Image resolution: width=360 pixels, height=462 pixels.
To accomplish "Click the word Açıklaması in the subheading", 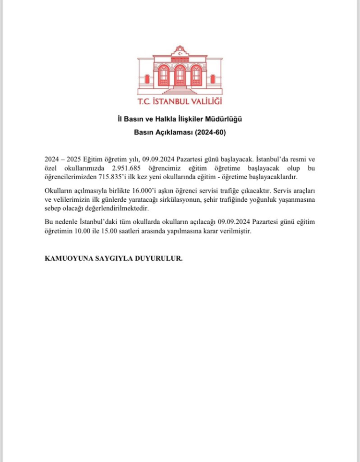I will coord(170,131).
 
